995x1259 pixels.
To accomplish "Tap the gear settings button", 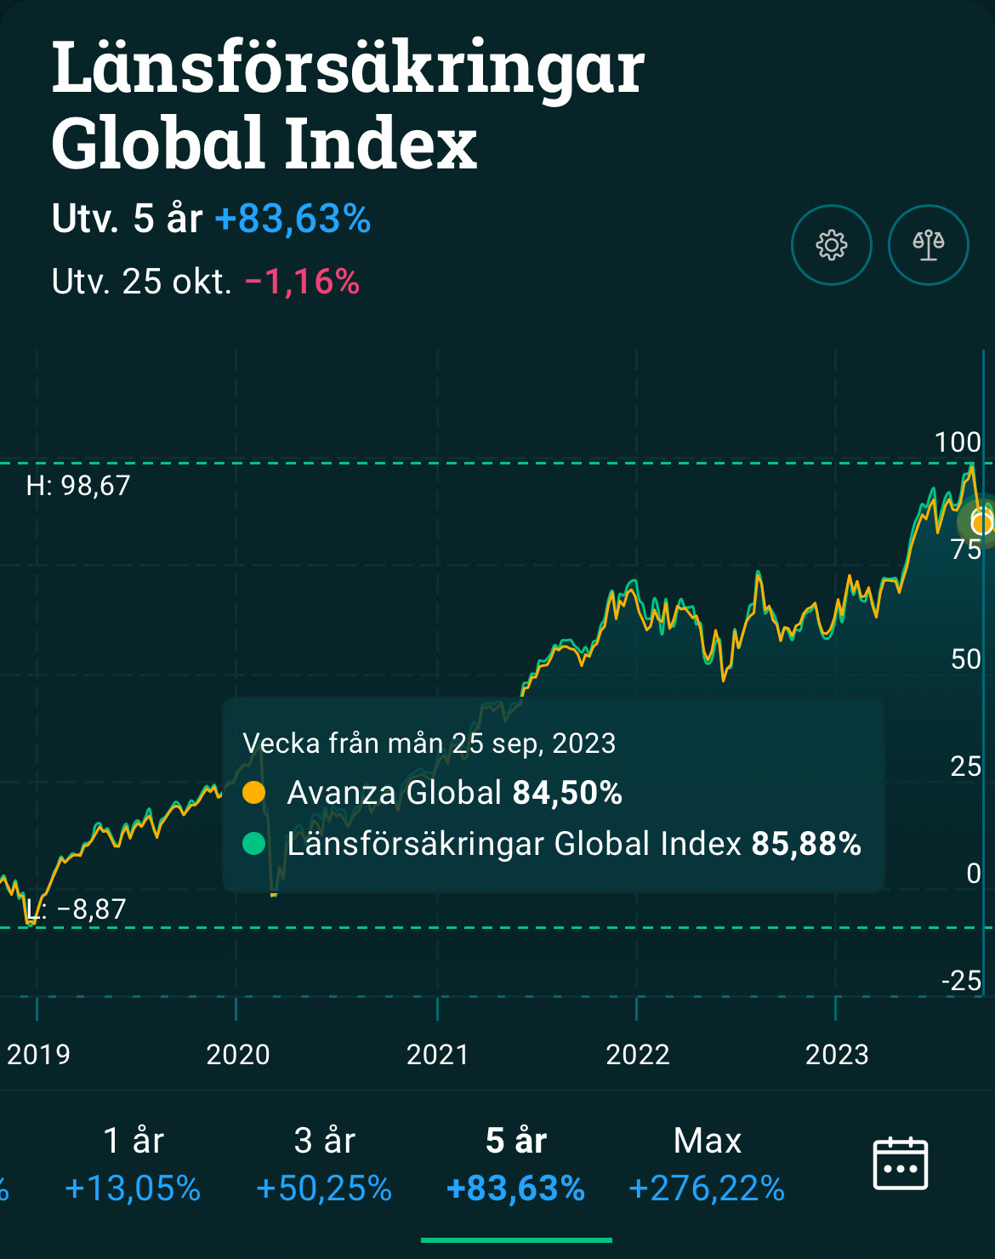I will [x=831, y=245].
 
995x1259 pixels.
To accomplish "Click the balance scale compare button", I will [x=928, y=245].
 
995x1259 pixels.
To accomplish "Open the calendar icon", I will [x=900, y=1163].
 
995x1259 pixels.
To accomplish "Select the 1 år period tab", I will [x=133, y=1164].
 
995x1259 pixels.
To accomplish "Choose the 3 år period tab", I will [x=324, y=1164].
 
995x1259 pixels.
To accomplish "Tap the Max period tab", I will [x=707, y=1164].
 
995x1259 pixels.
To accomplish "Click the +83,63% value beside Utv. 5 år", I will [x=293, y=219].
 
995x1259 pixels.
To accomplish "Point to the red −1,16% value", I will [x=302, y=282].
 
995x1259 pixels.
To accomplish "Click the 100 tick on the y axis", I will [x=957, y=442].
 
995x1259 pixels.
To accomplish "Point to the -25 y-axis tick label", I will [x=961, y=981].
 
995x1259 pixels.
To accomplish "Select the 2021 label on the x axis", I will [x=437, y=1055].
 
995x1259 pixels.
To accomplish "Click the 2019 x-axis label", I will [x=38, y=1055].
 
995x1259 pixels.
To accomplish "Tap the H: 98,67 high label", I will [x=78, y=486].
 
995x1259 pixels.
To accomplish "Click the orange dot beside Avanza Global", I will [x=253, y=793].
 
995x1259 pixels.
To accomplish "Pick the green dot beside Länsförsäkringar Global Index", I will [x=253, y=844].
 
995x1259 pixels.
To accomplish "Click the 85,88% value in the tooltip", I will [x=806, y=844].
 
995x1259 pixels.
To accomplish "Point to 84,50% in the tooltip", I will [x=567, y=793].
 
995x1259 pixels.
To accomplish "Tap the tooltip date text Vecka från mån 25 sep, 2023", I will [x=429, y=743].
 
